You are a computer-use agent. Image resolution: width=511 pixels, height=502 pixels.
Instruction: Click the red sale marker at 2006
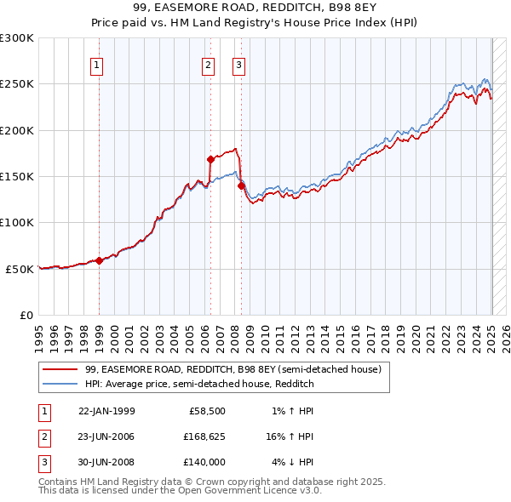tap(210, 159)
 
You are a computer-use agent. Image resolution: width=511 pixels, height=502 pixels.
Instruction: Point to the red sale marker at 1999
tap(99, 260)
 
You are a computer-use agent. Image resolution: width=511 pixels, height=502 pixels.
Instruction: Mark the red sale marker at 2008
tap(241, 185)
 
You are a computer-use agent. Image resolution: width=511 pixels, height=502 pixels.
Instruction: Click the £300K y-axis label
tap(17, 38)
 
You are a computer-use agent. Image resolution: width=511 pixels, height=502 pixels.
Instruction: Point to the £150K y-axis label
tap(17, 177)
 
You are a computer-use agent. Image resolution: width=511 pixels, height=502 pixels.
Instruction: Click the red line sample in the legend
tap(60, 369)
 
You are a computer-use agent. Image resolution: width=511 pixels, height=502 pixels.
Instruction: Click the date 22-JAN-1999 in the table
tap(106, 411)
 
